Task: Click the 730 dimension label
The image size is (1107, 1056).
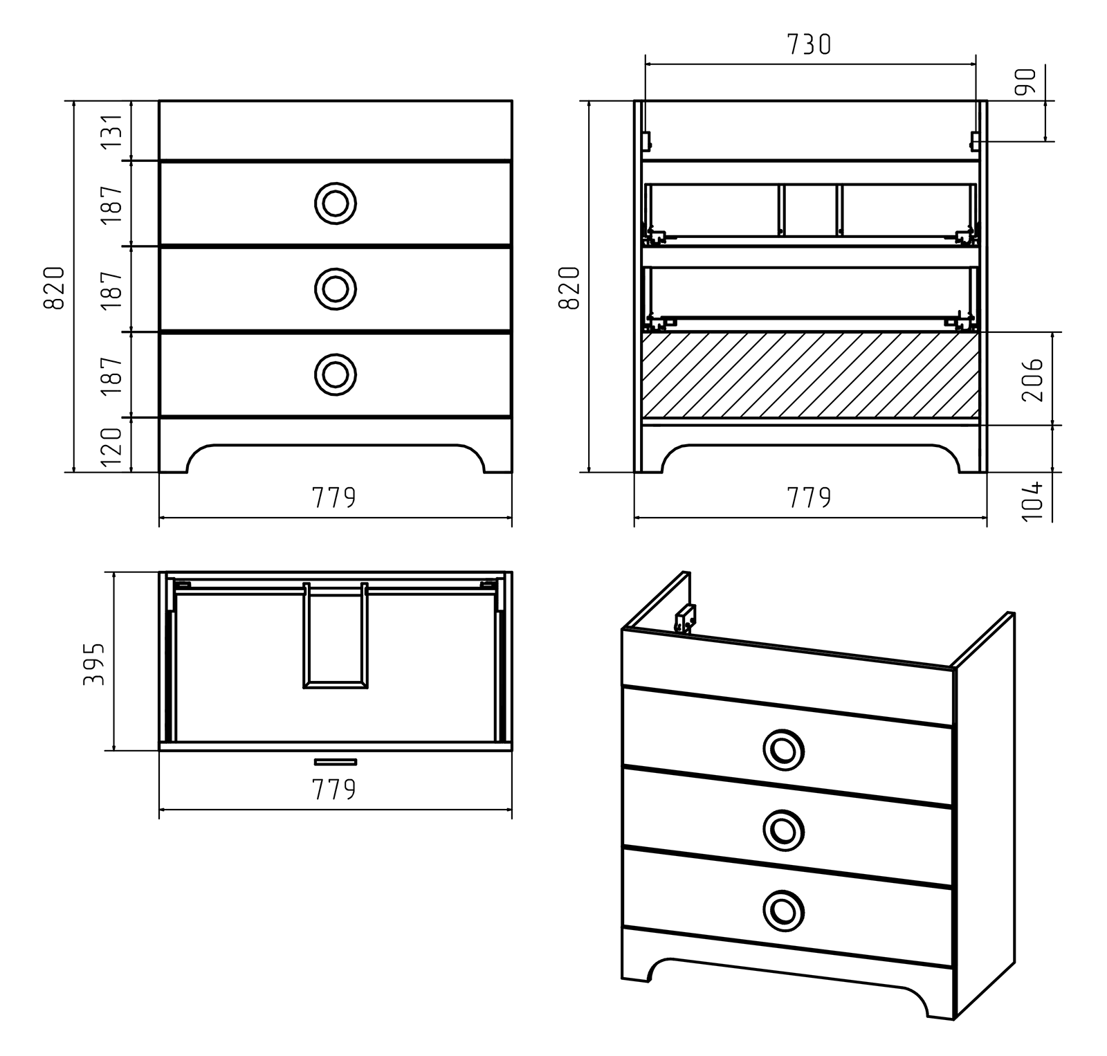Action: [x=809, y=44]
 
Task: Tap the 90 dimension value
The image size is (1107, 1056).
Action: [x=1026, y=82]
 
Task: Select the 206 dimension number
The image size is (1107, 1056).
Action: [x=1032, y=379]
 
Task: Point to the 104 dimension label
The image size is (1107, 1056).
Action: [x=1032, y=500]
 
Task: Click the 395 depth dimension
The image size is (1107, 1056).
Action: [x=93, y=664]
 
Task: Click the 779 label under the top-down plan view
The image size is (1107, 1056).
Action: [x=334, y=789]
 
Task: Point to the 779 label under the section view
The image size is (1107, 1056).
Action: [x=809, y=497]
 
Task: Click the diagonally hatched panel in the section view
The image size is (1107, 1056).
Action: [x=810, y=376]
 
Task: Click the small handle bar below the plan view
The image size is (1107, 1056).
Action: [x=336, y=762]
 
